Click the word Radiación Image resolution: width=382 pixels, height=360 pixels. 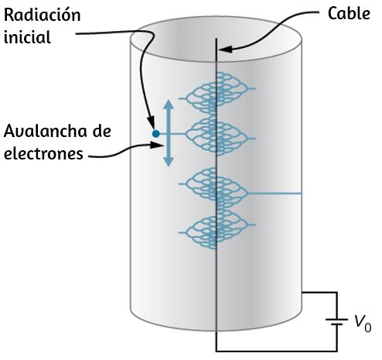(x=43, y=15)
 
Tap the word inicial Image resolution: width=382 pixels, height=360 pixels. (x=27, y=37)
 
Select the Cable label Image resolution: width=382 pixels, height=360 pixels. (x=349, y=13)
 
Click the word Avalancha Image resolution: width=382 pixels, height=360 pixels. (x=46, y=131)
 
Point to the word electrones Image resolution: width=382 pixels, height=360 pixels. (x=43, y=153)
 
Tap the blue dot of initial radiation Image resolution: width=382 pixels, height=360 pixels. (x=155, y=134)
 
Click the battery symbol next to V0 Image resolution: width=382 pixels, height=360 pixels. (x=336, y=322)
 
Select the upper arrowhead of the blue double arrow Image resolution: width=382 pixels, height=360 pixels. (x=169, y=105)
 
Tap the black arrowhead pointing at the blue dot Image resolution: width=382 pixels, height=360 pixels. (x=152, y=122)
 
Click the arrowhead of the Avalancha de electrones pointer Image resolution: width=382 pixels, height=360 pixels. (x=157, y=146)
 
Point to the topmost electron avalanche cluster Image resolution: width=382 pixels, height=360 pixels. (x=217, y=94)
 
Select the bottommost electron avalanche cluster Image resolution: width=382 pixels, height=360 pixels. (x=217, y=228)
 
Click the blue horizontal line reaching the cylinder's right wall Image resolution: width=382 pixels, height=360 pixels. (x=275, y=194)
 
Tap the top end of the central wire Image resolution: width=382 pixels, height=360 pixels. (x=217, y=39)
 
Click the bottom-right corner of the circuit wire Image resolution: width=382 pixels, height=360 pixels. (x=336, y=351)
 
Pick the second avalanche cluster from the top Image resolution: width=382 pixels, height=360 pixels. (x=217, y=136)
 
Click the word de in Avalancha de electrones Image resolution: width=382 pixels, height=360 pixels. (x=101, y=131)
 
